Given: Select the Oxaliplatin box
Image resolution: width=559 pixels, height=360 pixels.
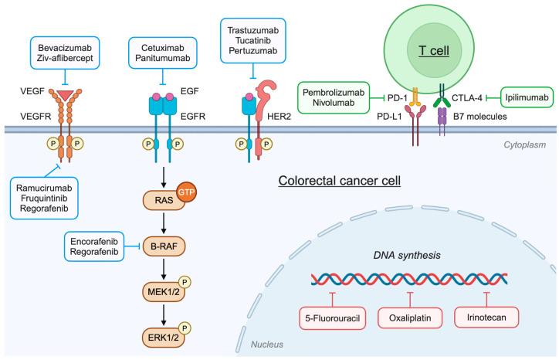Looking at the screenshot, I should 410,317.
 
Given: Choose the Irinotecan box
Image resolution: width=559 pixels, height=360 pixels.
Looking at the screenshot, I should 486,317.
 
